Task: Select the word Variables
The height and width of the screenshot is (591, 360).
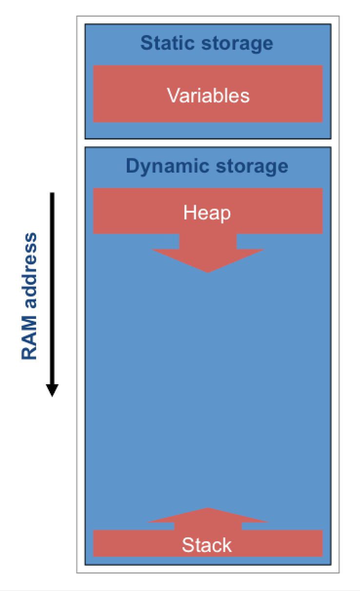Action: [208, 95]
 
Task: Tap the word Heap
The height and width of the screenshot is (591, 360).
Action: [207, 213]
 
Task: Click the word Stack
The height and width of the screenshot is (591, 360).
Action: [207, 545]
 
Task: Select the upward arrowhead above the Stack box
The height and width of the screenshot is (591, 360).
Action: [208, 515]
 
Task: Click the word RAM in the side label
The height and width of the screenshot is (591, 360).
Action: [29, 340]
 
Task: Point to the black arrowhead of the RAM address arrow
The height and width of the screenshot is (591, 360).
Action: [52, 390]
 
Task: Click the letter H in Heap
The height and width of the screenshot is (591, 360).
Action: [189, 213]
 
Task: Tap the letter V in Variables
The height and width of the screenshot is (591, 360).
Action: [172, 95]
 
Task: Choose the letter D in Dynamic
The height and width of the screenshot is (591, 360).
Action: [132, 166]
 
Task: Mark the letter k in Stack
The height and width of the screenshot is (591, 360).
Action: [227, 545]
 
